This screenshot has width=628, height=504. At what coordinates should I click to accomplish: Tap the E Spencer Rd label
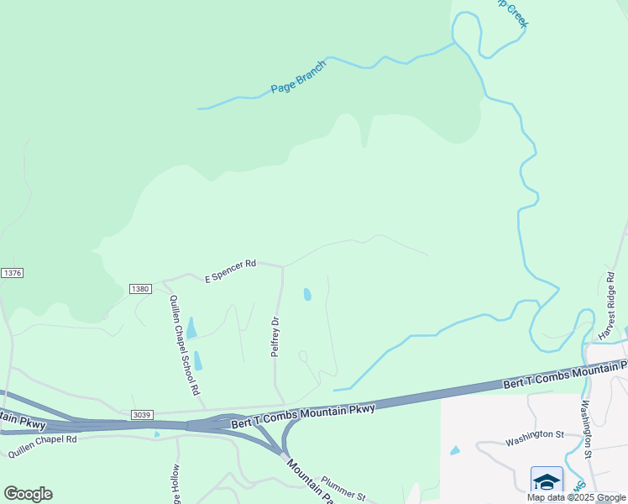pos(231,270)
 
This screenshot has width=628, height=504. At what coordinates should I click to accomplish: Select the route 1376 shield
pos(12,273)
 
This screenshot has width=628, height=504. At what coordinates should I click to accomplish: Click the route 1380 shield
pos(139,289)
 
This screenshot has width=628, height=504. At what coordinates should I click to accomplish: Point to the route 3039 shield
pos(142,413)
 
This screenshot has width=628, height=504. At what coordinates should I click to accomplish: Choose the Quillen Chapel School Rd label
pos(185,345)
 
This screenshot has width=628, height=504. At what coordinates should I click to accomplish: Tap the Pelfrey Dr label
pos(275,337)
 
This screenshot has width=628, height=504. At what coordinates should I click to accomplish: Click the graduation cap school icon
pos(546,481)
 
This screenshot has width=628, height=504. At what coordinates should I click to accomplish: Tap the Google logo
pos(28,494)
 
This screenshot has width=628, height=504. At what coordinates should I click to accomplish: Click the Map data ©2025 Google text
pos(576,497)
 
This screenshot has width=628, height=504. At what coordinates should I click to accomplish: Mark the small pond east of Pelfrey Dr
pos(307,294)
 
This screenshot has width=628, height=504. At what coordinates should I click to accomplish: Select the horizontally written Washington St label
pos(534,435)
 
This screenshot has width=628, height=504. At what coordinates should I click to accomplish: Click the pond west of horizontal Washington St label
pos(455,450)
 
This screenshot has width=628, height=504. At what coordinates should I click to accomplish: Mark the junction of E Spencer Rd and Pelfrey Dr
pos(282,266)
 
